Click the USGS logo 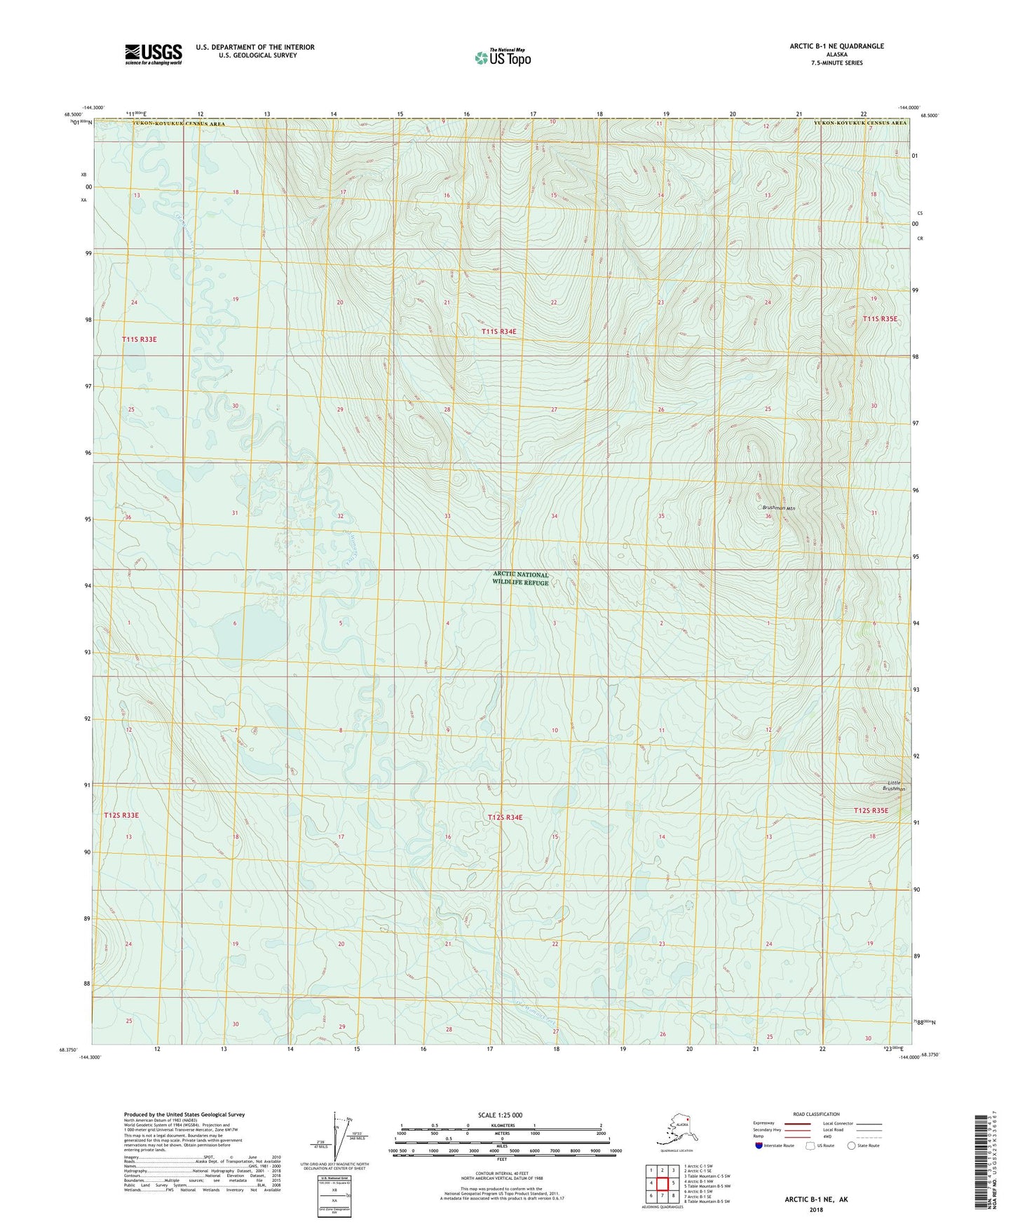[153, 54]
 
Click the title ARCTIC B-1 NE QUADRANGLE [836, 46]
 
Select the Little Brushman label [894, 785]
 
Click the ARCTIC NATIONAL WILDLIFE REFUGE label [520, 578]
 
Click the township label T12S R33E [121, 815]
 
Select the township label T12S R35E [871, 810]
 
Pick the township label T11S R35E [880, 319]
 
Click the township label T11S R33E [139, 339]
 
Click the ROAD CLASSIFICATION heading [816, 1114]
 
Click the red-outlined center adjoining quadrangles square [662, 1183]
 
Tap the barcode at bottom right [981, 1171]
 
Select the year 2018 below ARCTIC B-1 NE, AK [816, 1209]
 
